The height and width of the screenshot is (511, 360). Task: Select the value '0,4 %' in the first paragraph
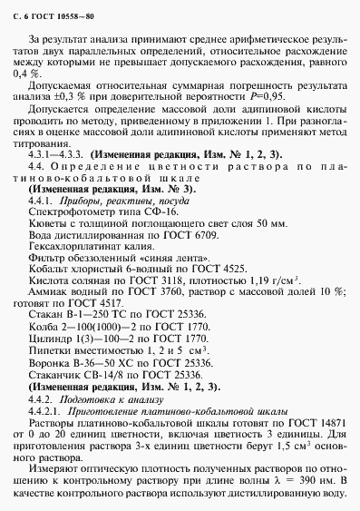point(39,73)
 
